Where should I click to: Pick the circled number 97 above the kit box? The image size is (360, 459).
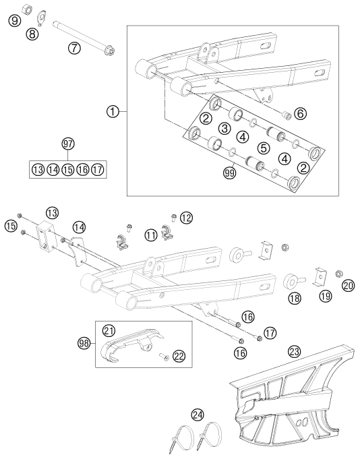coord(67,144)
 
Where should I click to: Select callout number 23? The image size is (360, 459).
coord(294,350)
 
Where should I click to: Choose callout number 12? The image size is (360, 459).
coord(186,217)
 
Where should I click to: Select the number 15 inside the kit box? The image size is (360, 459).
coord(67,169)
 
